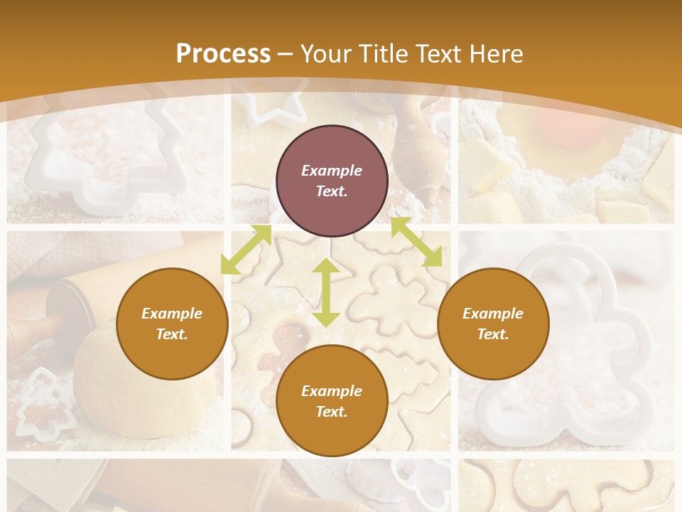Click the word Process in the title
tap(223, 54)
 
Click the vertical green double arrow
tap(325, 292)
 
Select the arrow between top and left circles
tap(246, 249)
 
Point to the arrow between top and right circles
tap(416, 242)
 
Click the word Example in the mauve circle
tap(332, 171)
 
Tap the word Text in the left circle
tap(172, 334)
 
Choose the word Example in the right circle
tap(493, 314)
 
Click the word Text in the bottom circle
tap(332, 412)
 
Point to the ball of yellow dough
tap(142, 384)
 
